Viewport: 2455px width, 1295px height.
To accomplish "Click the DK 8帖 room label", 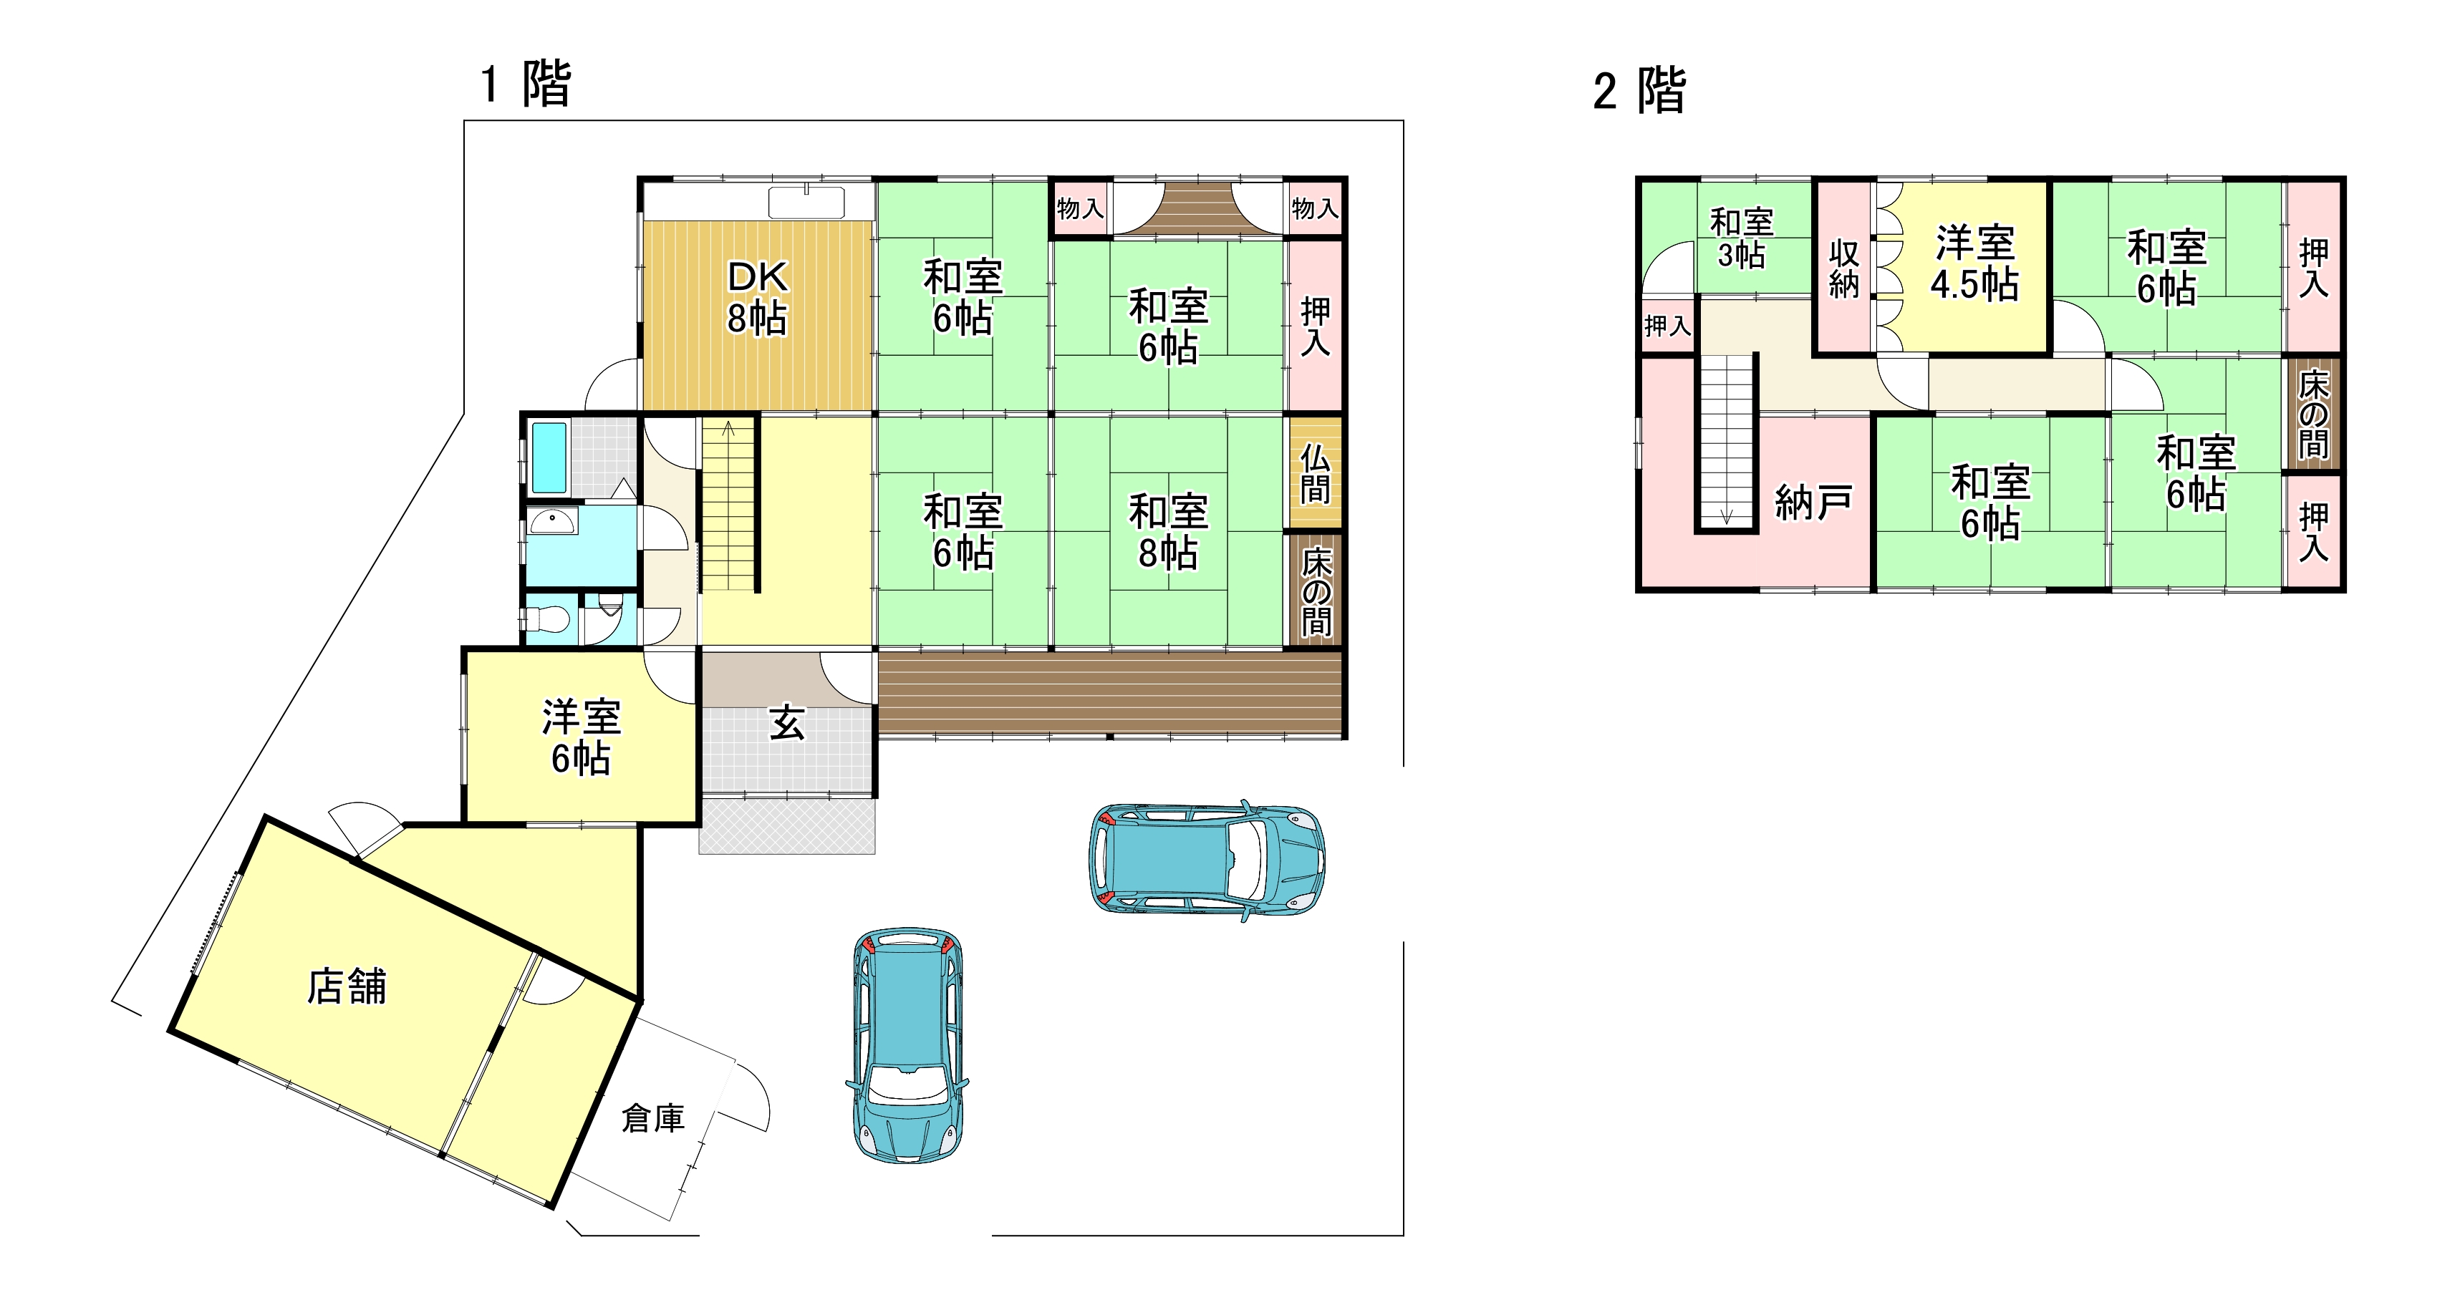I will (758, 297).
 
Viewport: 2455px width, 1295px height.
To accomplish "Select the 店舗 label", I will (347, 986).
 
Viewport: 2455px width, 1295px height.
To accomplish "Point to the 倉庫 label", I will (653, 1117).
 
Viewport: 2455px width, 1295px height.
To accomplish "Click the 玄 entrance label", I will (787, 723).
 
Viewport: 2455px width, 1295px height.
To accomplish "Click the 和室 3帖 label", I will (1741, 238).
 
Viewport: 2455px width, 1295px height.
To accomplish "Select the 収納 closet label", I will (1843, 268).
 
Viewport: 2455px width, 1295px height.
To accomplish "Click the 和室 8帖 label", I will (1168, 532).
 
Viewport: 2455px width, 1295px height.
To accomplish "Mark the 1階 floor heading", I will (525, 84).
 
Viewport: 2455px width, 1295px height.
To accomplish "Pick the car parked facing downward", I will (907, 1045).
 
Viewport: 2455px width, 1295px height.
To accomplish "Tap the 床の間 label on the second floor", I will (2313, 414).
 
